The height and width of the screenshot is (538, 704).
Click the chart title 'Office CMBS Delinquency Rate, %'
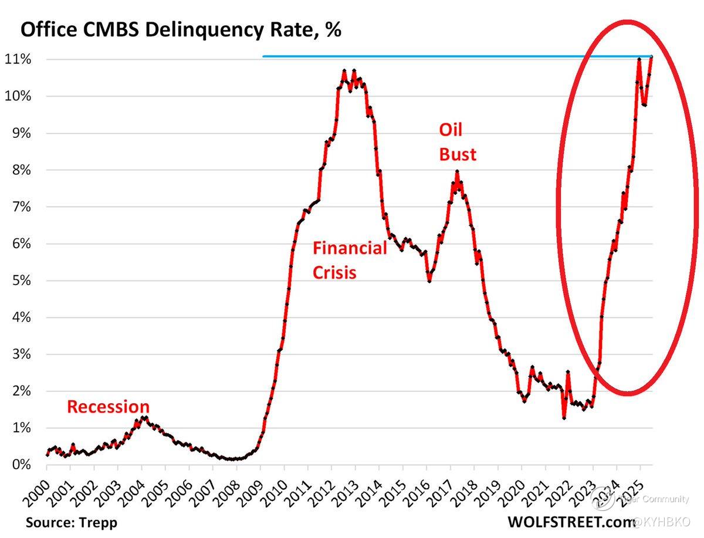181,31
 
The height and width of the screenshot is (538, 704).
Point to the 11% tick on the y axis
19,59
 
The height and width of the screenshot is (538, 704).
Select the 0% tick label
21,465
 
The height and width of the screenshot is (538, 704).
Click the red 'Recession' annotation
108,407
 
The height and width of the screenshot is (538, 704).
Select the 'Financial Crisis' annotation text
349,260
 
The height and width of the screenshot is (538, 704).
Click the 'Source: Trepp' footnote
72,522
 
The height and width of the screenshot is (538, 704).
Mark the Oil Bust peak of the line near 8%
456,171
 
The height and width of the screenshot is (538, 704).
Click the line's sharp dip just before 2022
564,418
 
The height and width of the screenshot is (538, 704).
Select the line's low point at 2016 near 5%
429,281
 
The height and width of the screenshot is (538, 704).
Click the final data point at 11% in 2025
651,57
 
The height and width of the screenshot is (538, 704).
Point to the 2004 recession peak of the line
143,417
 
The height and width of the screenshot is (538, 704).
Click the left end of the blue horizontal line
263,56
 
